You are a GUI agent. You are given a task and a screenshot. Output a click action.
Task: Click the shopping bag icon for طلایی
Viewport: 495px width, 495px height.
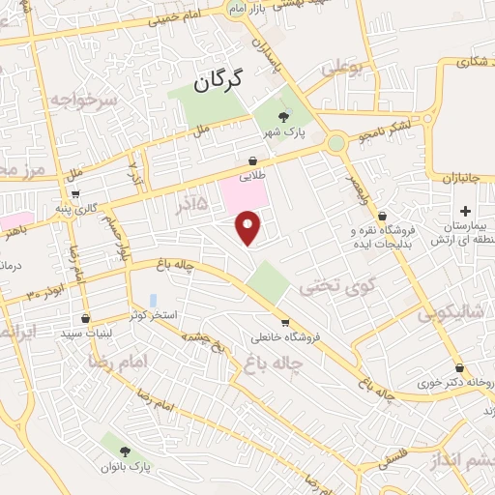tap(252, 160)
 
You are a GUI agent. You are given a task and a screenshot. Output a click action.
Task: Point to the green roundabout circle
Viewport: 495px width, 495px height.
tap(336, 144)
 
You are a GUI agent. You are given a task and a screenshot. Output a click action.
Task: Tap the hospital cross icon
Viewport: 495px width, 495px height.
tap(465, 211)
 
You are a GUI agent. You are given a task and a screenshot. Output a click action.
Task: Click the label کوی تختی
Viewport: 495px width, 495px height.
tap(328, 286)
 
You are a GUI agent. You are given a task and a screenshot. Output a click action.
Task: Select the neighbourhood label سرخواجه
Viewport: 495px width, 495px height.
tap(83, 100)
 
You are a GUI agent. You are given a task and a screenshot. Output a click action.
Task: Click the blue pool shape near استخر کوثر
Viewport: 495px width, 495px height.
tap(153, 301)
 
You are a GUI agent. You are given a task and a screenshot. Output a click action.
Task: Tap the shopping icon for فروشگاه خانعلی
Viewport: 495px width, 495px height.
tap(285, 323)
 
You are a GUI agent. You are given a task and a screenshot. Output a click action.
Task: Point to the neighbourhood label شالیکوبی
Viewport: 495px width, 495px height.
tap(455, 314)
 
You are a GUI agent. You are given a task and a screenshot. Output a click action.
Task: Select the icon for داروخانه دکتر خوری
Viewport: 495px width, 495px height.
tap(459, 367)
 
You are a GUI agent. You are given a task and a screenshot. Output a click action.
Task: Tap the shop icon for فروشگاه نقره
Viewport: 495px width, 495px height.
tap(383, 217)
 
